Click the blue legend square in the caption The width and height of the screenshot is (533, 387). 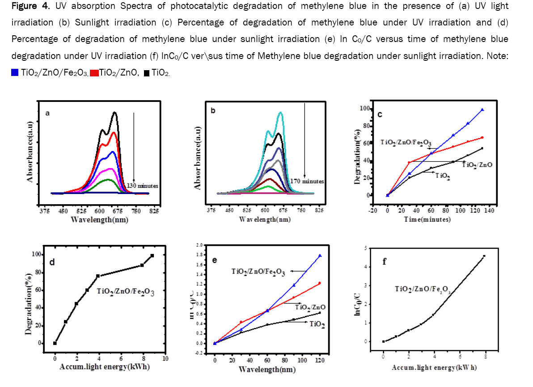(15, 73)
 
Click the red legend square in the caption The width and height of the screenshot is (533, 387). (94, 73)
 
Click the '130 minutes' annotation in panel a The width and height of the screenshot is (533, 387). (142, 185)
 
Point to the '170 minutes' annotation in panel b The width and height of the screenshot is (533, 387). (308, 181)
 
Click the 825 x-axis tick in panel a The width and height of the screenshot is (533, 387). (154, 211)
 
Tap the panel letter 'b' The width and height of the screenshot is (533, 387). (213, 110)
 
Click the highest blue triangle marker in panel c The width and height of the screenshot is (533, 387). (482, 109)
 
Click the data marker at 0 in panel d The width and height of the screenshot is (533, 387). (55, 343)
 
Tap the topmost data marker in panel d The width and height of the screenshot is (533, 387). (152, 256)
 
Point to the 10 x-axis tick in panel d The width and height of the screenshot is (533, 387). (165, 358)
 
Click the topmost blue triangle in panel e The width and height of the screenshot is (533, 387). (320, 256)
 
